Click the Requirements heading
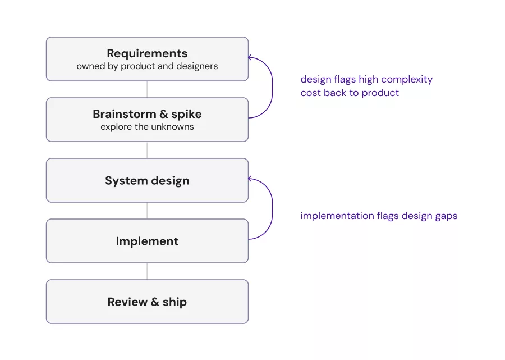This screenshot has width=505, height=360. coord(147,53)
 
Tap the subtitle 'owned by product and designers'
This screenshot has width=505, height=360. coord(147,66)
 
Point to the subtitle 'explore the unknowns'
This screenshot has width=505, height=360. coord(147,127)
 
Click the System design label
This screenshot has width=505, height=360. coord(147,180)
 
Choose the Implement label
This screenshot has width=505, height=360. coord(147,241)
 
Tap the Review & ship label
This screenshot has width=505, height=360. coord(147,302)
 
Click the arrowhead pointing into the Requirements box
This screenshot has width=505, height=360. coord(250,57)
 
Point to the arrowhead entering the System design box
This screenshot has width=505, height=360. coord(250,179)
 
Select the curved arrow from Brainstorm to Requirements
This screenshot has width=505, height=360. coord(273,88)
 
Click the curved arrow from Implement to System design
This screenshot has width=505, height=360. coord(273,209)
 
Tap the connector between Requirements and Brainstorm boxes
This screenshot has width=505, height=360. coord(147,89)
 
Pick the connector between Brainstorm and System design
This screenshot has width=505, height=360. coord(147,150)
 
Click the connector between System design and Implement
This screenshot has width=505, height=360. coord(147,211)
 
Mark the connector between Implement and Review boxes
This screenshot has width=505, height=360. coord(147,271)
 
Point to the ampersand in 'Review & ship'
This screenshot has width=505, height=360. coord(155,302)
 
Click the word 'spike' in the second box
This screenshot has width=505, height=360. coord(186,115)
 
